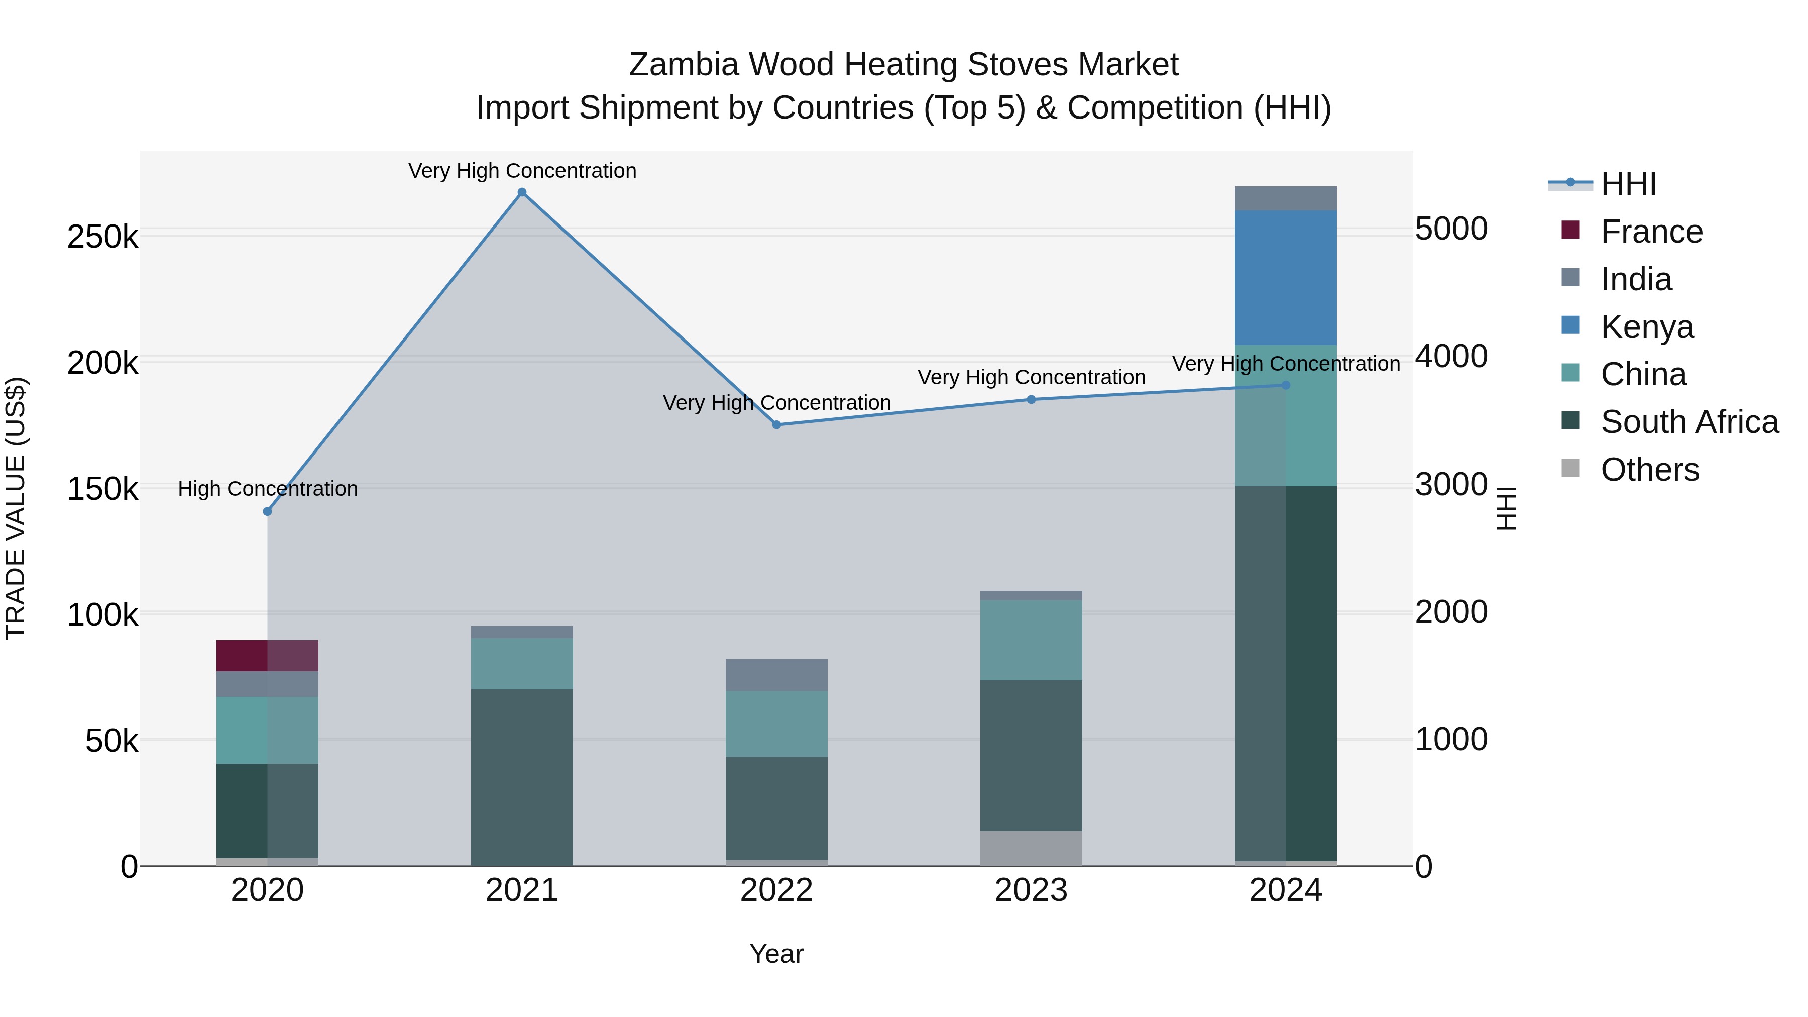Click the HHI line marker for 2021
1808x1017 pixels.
(x=521, y=192)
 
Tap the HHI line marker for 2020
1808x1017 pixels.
(x=267, y=512)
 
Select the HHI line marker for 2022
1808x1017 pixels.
(x=776, y=424)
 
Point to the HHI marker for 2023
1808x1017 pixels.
(x=1031, y=399)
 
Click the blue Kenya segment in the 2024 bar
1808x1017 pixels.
(x=1285, y=278)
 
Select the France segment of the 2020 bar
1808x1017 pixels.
(x=267, y=655)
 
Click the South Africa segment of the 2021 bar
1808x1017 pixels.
(x=521, y=777)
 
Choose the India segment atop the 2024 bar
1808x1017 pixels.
(x=1285, y=198)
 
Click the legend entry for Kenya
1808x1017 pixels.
(x=1647, y=327)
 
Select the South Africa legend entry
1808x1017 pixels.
(x=1688, y=422)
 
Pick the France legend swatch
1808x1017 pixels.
(x=1570, y=230)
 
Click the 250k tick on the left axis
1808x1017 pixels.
(x=102, y=237)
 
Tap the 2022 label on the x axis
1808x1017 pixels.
(x=776, y=890)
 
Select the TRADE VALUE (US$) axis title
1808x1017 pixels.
(x=16, y=508)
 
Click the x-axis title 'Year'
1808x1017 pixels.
(x=776, y=954)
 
